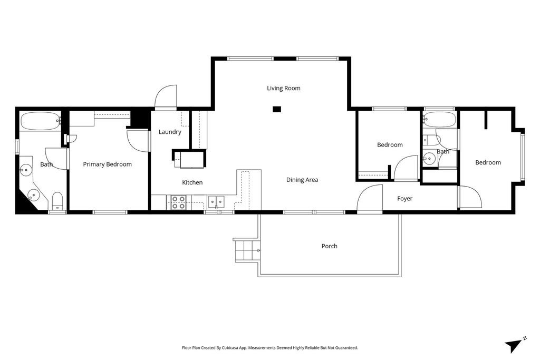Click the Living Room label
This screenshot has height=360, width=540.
[283, 88]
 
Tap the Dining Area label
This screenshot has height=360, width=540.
[302, 180]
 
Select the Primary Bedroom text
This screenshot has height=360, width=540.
[107, 164]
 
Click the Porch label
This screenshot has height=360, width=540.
[329, 246]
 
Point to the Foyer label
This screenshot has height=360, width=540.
[404, 199]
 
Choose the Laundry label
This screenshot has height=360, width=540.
[170, 132]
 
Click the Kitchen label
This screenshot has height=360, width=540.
[192, 182]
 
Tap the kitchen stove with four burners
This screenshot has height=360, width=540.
[178, 202]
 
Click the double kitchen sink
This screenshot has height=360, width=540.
[216, 201]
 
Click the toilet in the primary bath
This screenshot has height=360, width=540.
[57, 201]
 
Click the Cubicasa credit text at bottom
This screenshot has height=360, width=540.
[270, 348]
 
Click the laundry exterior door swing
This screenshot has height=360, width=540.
[166, 98]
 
